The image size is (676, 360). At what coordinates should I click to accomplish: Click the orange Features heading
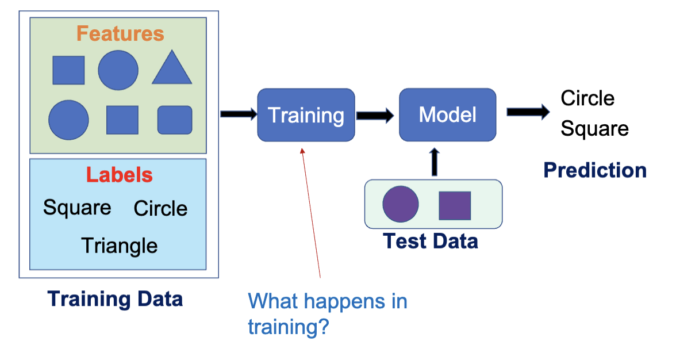[120, 33]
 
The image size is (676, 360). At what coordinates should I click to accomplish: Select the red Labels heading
[120, 175]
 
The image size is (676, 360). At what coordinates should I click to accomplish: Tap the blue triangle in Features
[171, 68]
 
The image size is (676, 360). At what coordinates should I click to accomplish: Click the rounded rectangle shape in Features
[175, 120]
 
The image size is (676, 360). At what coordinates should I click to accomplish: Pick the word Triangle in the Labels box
[120, 246]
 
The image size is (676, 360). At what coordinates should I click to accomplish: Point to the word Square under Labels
[77, 207]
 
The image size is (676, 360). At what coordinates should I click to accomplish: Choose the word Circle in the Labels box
[160, 208]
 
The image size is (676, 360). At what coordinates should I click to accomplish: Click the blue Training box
[306, 114]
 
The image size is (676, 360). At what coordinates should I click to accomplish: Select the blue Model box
[447, 114]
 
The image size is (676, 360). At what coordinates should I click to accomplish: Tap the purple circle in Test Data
[401, 205]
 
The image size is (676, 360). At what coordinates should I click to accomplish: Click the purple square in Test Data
[455, 205]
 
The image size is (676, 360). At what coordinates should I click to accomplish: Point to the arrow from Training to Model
[375, 115]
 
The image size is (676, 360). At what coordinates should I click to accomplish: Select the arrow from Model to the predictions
[527, 112]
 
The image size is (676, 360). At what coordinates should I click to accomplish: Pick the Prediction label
[595, 170]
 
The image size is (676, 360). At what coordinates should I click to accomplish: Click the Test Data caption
[431, 241]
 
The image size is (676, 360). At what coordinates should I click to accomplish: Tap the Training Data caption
[115, 299]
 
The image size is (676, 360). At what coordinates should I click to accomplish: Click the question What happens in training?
[327, 314]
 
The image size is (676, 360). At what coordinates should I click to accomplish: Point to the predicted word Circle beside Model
[587, 98]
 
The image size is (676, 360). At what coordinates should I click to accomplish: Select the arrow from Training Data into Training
[238, 114]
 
